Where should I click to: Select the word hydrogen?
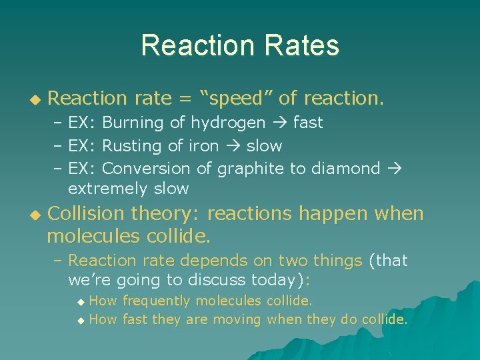228,123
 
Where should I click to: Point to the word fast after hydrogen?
307,123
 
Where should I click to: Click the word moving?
237,319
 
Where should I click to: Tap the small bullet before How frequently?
81,302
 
